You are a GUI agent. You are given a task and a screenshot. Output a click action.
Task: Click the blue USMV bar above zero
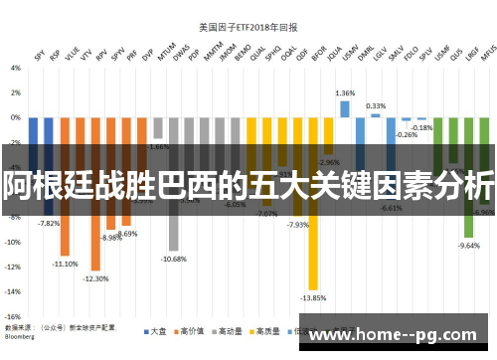pos(345,108)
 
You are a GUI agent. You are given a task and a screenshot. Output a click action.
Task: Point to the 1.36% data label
pos(345,92)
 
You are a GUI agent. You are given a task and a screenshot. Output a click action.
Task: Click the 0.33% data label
pos(376,105)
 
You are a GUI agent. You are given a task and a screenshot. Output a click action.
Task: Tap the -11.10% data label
pos(66,264)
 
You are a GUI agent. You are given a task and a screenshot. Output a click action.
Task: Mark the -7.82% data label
pos(49,224)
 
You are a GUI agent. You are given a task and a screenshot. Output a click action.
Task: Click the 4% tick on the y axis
pos(15,68)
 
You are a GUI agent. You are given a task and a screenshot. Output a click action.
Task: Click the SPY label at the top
pos(40,56)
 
